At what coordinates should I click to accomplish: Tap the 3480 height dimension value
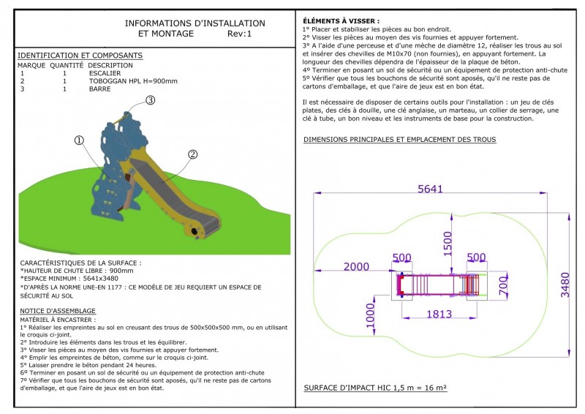(565, 280)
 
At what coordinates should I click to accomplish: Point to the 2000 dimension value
(357, 266)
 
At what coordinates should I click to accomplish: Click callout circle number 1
(80, 140)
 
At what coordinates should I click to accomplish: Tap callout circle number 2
(193, 154)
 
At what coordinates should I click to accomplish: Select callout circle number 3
(150, 100)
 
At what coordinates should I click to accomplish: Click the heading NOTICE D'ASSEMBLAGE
(58, 311)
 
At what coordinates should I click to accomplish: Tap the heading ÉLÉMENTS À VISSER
(341, 22)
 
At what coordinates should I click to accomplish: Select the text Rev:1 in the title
(239, 34)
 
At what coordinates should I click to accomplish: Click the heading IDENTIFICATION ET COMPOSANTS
(80, 56)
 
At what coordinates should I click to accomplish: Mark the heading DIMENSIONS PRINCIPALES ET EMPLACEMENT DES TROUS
(399, 139)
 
